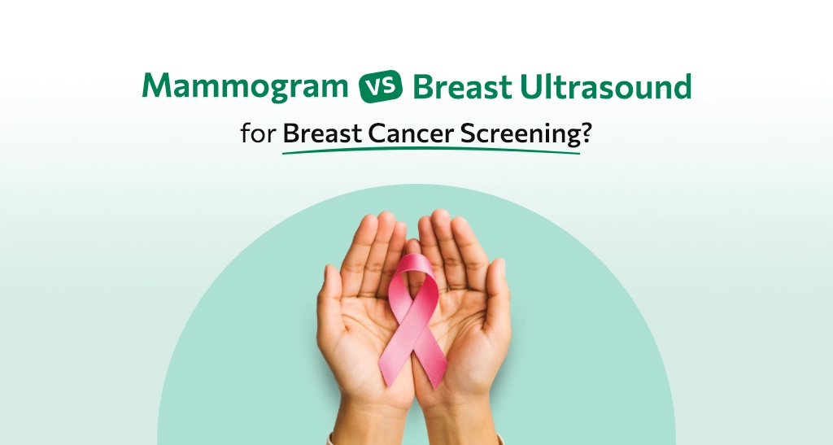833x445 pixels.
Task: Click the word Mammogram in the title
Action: [245, 86]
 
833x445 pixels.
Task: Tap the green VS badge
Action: [381, 86]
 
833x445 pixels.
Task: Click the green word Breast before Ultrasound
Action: [462, 86]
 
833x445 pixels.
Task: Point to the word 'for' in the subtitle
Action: [258, 133]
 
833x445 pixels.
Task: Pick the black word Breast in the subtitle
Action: [322, 133]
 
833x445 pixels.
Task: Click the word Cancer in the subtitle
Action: [412, 133]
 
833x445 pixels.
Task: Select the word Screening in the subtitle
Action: [521, 133]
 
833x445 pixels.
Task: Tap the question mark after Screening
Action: [586, 133]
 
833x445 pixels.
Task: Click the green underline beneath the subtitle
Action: [431, 151]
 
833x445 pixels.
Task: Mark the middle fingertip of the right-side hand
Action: [440, 219]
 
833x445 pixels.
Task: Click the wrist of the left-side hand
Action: [372, 420]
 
